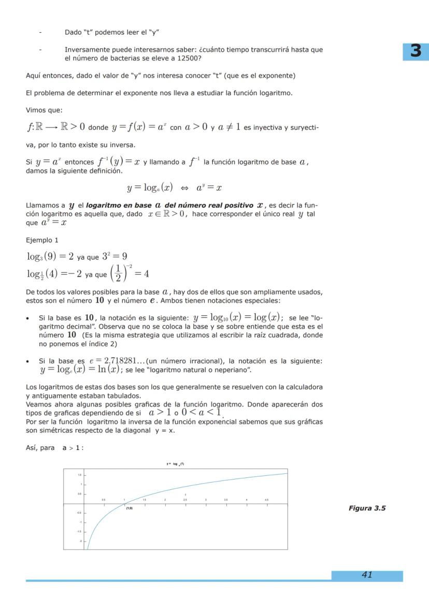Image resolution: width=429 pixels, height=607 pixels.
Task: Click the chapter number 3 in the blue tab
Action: (416, 52)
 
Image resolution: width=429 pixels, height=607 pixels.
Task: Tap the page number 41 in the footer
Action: (367, 575)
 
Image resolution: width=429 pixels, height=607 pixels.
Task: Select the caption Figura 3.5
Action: (367, 508)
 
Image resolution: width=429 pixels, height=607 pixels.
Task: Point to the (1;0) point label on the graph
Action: (129, 509)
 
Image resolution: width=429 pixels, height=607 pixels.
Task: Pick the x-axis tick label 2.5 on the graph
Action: (185, 500)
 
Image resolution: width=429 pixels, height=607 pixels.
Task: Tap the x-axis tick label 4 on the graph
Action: (247, 500)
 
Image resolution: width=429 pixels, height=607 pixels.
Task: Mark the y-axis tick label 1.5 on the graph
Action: (80, 475)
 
